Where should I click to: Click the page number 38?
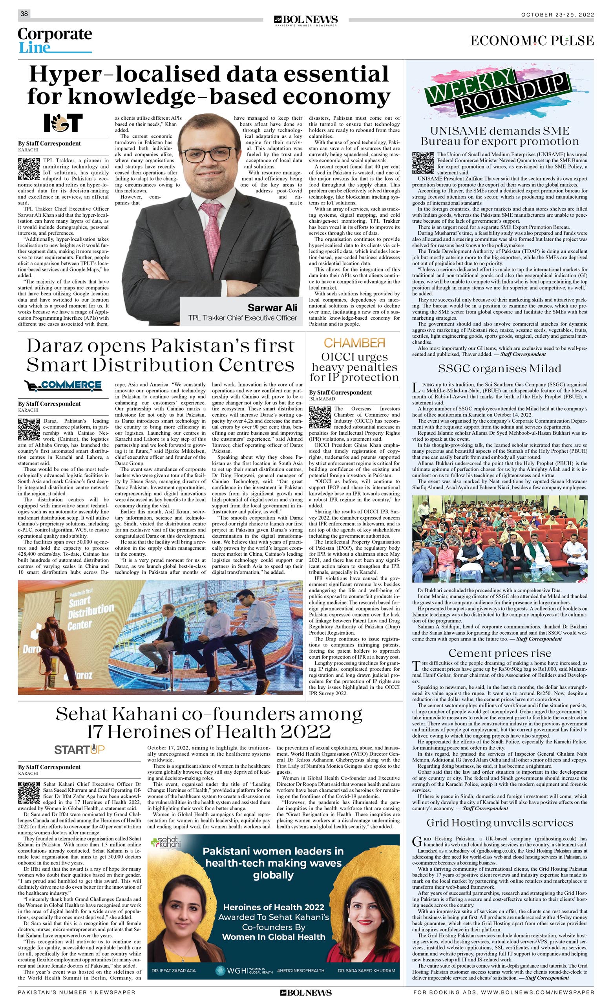click(x=24, y=14)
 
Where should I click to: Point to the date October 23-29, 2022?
click(x=557, y=15)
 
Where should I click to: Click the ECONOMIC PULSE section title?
click(x=532, y=41)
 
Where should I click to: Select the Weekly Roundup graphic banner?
click(x=497, y=93)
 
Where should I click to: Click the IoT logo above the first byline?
click(x=63, y=123)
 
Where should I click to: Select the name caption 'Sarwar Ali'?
click(x=272, y=307)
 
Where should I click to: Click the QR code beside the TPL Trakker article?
click(x=28, y=169)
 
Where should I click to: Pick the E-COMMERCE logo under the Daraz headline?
click(x=63, y=384)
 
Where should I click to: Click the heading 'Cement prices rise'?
click(x=499, y=654)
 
